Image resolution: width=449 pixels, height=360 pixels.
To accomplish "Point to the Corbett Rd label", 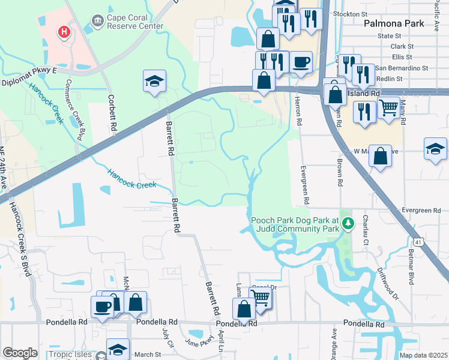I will (x=112, y=112).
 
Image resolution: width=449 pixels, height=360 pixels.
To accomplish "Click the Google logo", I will (x=20, y=353).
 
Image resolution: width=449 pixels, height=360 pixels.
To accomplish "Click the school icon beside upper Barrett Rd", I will (x=154, y=82).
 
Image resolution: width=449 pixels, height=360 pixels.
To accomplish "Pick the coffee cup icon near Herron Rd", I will (x=301, y=62).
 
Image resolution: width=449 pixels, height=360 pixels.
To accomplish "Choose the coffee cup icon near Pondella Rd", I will (x=101, y=307).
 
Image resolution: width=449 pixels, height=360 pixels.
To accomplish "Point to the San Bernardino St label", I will (x=402, y=68).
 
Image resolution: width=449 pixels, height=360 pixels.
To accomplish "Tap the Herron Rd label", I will (x=298, y=113).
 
